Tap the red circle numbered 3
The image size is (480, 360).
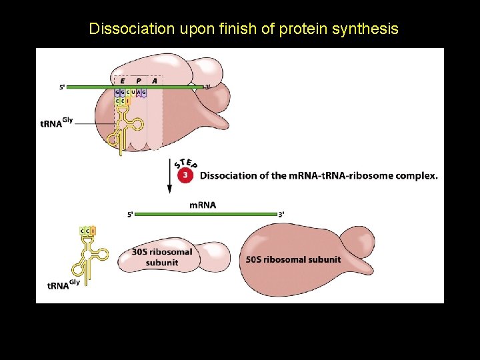tap(186, 175)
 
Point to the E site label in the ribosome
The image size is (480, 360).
tap(122, 81)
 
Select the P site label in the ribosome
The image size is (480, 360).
tap(139, 81)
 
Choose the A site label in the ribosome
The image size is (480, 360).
tap(155, 81)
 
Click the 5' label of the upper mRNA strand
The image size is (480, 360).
tap(62, 87)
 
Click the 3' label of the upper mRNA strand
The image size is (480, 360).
tap(207, 87)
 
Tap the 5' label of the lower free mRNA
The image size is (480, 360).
tap(130, 215)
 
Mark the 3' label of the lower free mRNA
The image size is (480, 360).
tap(281, 215)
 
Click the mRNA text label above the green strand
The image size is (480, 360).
tap(203, 205)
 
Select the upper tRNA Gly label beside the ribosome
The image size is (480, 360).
tap(56, 123)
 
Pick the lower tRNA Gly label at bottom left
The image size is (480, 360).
tap(63, 285)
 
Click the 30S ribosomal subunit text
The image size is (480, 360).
tap(162, 257)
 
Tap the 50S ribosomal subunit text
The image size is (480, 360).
tap(293, 259)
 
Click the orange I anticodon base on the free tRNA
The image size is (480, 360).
tap(93, 231)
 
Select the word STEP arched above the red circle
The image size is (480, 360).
tap(185, 162)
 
